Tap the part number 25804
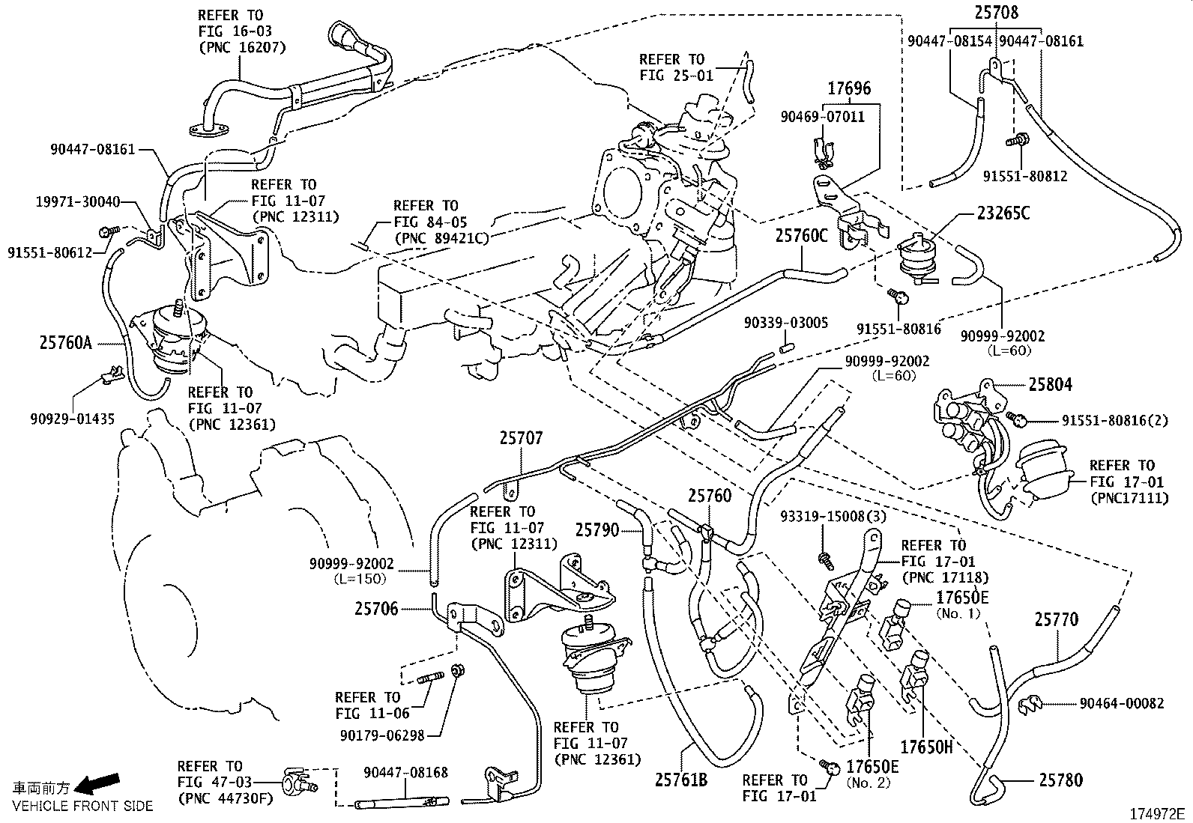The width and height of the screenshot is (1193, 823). [x=1050, y=384]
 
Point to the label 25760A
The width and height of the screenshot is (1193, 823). [x=65, y=343]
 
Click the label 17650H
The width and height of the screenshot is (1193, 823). [x=925, y=747]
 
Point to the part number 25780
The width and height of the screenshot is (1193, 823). [x=1060, y=780]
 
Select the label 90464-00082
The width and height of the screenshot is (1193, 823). [x=1122, y=703]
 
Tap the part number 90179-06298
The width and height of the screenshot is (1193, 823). [x=382, y=735]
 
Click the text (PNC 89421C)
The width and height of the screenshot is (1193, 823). [x=441, y=238]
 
